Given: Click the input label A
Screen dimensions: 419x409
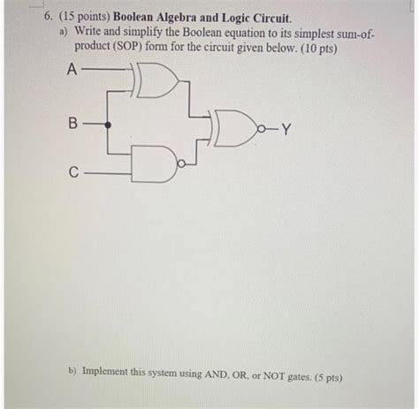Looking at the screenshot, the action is pos(72,70).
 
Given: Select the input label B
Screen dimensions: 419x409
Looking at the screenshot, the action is pos(72,123).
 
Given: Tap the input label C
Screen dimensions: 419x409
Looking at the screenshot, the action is pos(73,172).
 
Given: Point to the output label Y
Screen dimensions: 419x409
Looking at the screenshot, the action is pos(286,129).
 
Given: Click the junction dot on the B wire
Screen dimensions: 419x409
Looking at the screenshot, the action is pos(108,125).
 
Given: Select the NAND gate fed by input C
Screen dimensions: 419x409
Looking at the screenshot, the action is pos(154,163).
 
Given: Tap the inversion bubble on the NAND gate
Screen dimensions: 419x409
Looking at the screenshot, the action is pos(182,163).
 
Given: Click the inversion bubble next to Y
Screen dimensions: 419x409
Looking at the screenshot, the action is pos(261,129).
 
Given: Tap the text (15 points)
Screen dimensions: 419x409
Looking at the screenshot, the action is pos(84,17).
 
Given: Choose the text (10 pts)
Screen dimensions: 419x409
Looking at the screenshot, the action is pos(318,49).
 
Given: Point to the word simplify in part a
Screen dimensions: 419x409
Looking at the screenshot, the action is pos(141,32).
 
